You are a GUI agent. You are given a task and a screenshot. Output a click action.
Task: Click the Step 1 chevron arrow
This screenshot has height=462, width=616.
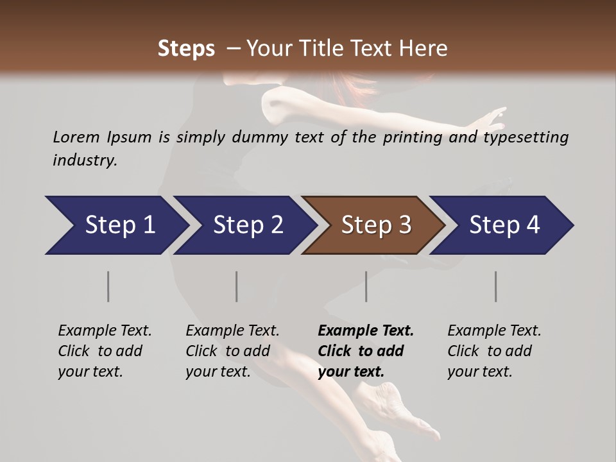[x=116, y=225]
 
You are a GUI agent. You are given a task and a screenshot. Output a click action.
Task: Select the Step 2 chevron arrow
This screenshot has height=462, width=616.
[x=244, y=225]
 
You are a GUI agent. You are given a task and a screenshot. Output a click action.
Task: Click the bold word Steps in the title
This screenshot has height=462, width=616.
[x=186, y=49]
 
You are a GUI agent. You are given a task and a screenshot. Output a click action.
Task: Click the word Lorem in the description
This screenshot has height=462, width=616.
[x=76, y=137]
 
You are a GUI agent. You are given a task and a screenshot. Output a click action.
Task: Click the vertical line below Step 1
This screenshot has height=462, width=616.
[x=108, y=286]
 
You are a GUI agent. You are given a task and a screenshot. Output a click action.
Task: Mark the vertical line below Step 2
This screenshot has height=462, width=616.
[x=237, y=286]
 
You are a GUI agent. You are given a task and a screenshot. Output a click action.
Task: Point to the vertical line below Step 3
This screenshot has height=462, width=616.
[x=366, y=286]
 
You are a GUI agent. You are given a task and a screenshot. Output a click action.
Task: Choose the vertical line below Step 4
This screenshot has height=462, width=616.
[x=496, y=286]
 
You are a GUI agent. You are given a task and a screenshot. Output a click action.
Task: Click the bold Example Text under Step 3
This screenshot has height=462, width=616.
[x=366, y=331]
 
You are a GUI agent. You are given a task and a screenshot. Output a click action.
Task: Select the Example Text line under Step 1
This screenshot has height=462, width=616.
[x=105, y=331]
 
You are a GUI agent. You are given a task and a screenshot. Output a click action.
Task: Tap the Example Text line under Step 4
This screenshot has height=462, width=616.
[x=494, y=331]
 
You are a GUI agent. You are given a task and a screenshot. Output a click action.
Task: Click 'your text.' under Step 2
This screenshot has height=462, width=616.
[x=218, y=372]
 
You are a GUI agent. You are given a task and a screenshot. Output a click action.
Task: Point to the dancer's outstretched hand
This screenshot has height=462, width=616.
[x=491, y=118]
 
